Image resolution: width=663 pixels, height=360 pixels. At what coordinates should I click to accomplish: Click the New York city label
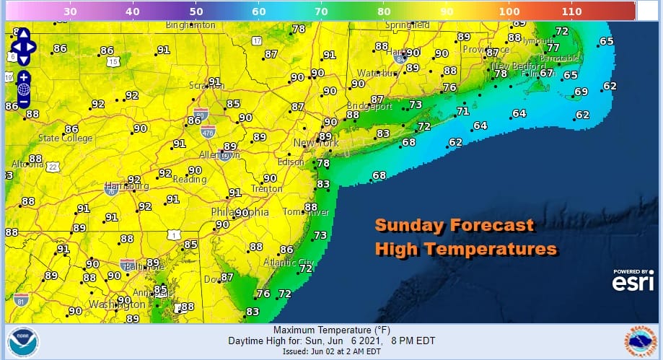(315, 144)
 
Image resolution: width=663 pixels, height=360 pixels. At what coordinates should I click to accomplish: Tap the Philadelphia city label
(240, 213)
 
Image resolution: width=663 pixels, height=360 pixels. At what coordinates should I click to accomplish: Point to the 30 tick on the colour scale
(71, 12)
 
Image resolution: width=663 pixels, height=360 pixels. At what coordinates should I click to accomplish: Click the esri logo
(633, 283)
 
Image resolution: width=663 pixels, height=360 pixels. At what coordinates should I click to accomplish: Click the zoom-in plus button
(23, 76)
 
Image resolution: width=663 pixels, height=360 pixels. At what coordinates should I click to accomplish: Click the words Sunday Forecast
(454, 226)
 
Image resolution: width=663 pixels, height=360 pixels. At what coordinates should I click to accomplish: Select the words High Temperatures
(465, 249)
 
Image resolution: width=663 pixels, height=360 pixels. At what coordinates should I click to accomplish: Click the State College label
(66, 138)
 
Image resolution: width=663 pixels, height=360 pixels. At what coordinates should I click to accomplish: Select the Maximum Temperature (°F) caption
(331, 330)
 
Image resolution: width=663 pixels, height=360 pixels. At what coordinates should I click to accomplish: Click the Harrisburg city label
(126, 186)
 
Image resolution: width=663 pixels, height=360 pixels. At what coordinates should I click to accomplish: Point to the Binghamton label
(190, 25)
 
